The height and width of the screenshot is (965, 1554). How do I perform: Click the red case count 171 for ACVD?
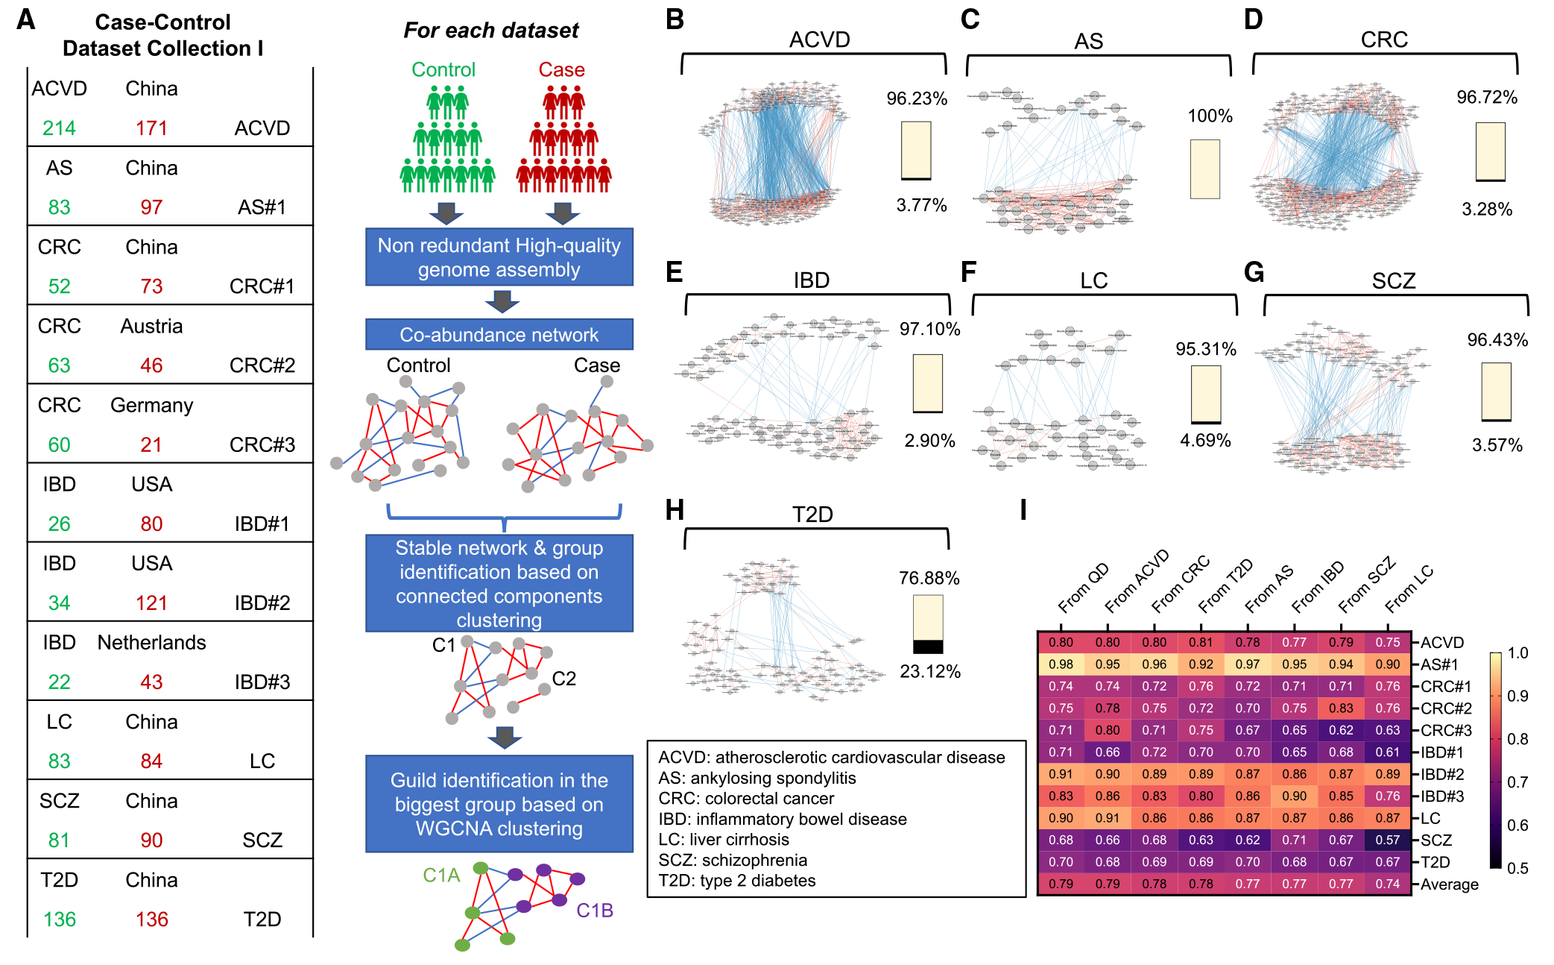click(151, 128)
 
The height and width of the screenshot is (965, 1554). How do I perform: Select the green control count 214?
click(59, 128)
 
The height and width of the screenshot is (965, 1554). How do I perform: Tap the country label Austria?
click(151, 326)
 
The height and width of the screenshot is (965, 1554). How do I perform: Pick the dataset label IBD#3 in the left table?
click(262, 682)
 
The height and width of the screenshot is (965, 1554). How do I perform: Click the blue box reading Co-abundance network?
click(499, 335)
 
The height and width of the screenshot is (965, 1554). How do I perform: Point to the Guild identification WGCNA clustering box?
click(499, 804)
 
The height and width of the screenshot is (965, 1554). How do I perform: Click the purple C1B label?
click(594, 911)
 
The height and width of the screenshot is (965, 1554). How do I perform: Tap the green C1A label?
click(441, 875)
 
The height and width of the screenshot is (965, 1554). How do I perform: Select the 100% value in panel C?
click(1210, 116)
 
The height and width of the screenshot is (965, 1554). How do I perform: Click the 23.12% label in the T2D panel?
click(929, 671)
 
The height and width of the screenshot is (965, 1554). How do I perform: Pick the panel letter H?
click(675, 510)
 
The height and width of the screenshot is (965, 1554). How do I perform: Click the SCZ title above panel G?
click(1393, 280)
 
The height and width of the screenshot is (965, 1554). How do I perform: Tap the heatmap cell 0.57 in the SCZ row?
click(1387, 840)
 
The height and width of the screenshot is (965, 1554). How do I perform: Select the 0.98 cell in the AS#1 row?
click(1061, 664)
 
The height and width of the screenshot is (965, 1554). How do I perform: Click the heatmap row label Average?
click(1449, 884)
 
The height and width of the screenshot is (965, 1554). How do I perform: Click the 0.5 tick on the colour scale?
click(1517, 868)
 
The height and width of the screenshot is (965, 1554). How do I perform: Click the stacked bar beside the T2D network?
click(928, 624)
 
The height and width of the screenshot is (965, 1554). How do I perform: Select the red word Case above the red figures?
click(561, 69)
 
